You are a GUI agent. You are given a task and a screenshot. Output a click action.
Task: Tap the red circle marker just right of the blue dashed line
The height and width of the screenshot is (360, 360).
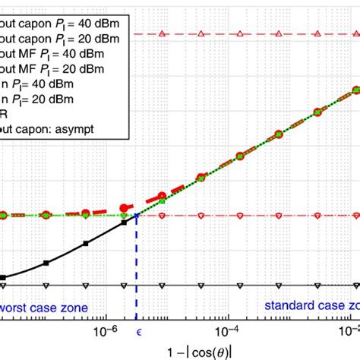pyautogui.click(x=161, y=197)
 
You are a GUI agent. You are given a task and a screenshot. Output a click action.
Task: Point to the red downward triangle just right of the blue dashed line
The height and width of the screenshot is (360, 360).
pyautogui.click(x=161, y=216)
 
